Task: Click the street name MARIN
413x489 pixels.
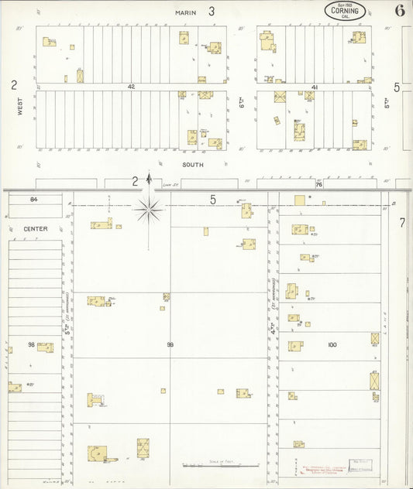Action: click(x=185, y=12)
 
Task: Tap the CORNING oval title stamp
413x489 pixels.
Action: click(x=345, y=11)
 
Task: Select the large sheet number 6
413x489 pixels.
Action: click(x=399, y=11)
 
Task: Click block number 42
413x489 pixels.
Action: click(x=132, y=87)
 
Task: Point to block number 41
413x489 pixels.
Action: click(x=315, y=87)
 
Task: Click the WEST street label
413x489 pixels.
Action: click(x=20, y=106)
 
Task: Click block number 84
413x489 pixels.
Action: click(x=33, y=200)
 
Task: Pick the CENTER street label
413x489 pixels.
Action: click(x=35, y=229)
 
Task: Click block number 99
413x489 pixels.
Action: click(x=170, y=344)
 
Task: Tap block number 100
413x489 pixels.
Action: click(x=332, y=344)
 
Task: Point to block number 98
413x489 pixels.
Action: click(x=32, y=344)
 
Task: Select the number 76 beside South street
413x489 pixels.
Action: click(x=318, y=184)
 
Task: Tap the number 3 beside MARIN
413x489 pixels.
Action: click(x=211, y=12)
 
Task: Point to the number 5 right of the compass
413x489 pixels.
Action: click(x=212, y=200)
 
